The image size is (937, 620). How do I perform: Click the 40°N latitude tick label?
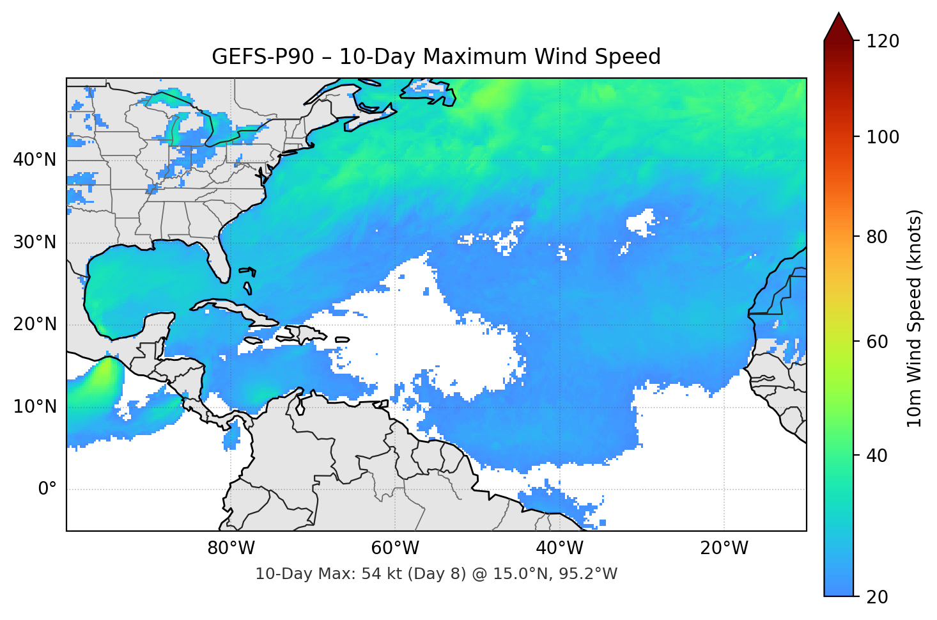pyautogui.click(x=35, y=160)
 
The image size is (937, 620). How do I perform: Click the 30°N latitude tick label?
pyautogui.click(x=35, y=242)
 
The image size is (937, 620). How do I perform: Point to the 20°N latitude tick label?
pyautogui.click(x=35, y=324)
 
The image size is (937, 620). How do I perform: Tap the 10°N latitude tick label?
pyautogui.click(x=35, y=406)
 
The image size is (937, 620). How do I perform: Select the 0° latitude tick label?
pyautogui.click(x=47, y=489)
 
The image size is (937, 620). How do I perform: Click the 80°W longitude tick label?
pyautogui.click(x=231, y=548)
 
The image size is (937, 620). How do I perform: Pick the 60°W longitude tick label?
pyautogui.click(x=395, y=548)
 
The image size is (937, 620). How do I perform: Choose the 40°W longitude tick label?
pyautogui.click(x=559, y=548)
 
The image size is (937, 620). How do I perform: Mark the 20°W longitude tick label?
pyautogui.click(x=724, y=548)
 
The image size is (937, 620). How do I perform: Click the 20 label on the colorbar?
pyautogui.click(x=877, y=597)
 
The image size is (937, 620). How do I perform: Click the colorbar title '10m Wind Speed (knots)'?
pyautogui.click(x=915, y=318)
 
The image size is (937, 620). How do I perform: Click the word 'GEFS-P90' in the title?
pyautogui.click(x=263, y=57)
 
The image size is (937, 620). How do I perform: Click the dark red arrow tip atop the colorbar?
pyautogui.click(x=839, y=26)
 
